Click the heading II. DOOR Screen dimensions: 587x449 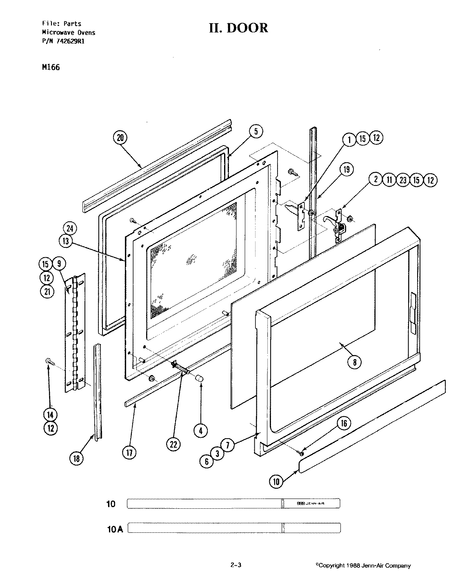tap(238, 28)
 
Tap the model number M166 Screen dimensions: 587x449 tap(51, 67)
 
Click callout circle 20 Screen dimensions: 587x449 tap(120, 138)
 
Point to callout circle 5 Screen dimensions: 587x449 tap(256, 131)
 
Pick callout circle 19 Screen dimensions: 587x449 tap(347, 169)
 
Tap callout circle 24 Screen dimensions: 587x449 tap(70, 229)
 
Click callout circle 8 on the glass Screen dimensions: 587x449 tap(354, 362)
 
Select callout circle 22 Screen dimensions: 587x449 tap(173, 444)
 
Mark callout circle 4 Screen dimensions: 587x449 tap(200, 430)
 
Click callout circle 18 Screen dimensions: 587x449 tap(76, 459)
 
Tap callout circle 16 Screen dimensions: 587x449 tap(344, 424)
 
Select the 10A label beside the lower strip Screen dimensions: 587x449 tap(114, 529)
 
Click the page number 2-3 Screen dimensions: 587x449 tap(236, 565)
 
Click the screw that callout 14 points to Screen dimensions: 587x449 tap(49, 360)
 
